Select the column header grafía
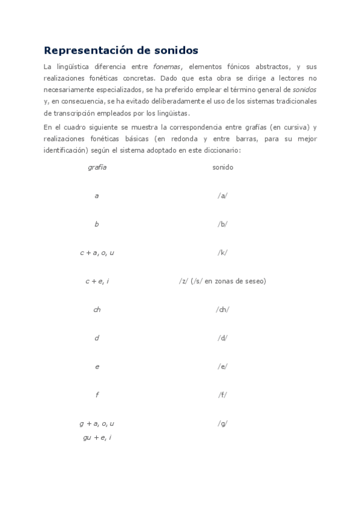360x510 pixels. click(97, 167)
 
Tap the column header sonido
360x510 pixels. click(222, 167)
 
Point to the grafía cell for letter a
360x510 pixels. click(97, 195)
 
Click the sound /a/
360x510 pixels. click(222, 195)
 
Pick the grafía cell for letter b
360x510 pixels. click(97, 224)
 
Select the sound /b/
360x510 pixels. click(222, 224)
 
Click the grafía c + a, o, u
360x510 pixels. click(97, 253)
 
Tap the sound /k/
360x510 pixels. click(222, 253)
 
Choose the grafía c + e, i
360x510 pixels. click(97, 281)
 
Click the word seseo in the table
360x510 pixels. click(254, 281)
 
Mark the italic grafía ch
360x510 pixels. click(97, 309)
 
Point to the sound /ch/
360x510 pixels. click(222, 309)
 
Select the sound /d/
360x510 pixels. click(222, 338)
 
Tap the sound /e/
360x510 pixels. click(222, 366)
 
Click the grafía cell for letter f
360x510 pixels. click(97, 395)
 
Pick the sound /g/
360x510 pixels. click(222, 423)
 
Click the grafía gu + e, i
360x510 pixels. click(97, 437)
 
